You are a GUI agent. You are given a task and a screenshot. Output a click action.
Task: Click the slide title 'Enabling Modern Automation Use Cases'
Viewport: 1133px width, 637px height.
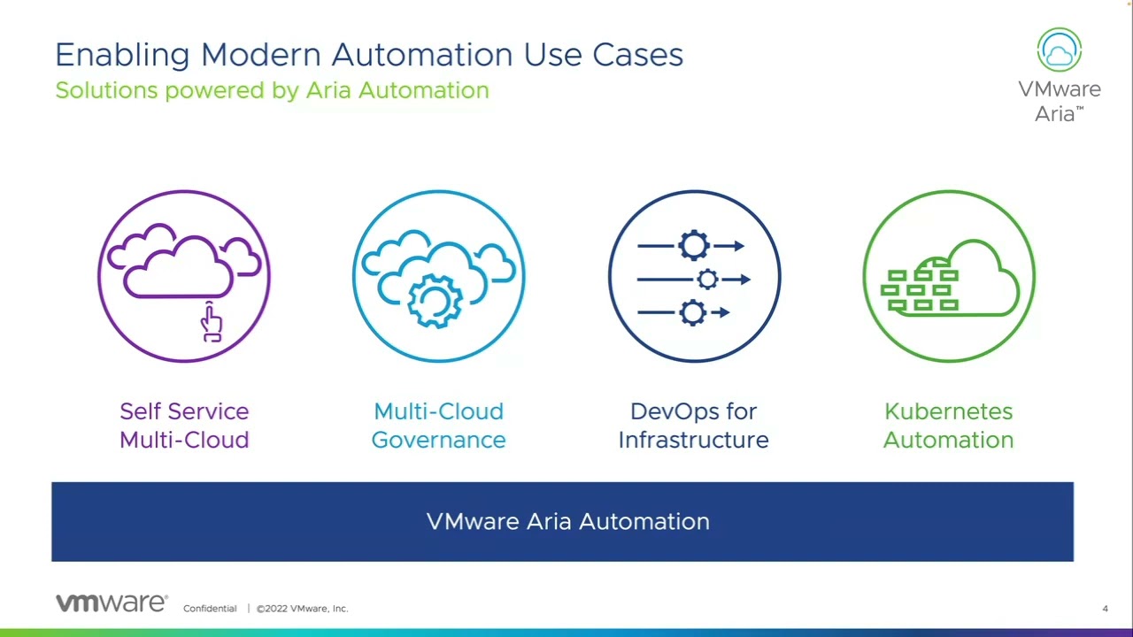368,55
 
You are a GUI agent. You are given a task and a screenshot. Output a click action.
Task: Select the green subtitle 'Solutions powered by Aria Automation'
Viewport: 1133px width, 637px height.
272,90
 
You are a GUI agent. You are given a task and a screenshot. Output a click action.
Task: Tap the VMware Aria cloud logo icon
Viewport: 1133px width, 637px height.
1059,50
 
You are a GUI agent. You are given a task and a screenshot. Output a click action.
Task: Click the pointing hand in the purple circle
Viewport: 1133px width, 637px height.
211,322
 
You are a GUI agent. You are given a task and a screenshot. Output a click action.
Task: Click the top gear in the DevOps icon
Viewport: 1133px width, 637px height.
694,246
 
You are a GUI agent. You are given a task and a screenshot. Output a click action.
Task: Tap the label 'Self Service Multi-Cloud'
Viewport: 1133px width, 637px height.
184,426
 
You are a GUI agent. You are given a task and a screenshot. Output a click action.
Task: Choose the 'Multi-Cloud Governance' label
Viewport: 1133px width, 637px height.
438,426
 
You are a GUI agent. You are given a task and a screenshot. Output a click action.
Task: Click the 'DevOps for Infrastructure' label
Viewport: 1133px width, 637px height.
693,426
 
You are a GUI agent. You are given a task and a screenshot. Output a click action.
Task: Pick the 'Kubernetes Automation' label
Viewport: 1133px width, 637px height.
948,426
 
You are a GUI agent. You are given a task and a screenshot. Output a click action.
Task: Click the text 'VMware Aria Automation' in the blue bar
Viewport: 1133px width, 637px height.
567,522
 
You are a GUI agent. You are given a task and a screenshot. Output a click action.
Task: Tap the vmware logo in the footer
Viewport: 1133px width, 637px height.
112,603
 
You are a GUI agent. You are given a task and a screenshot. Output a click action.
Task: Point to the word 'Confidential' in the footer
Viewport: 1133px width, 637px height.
210,609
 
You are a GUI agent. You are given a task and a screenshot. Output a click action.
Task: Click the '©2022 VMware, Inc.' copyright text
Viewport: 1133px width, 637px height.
303,609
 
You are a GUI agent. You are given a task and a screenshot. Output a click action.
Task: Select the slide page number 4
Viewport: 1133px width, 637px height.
1105,609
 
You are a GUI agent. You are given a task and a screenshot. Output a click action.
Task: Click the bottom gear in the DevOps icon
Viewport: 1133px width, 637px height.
692,312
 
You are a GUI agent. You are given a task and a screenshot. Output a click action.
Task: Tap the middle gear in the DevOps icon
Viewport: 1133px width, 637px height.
707,280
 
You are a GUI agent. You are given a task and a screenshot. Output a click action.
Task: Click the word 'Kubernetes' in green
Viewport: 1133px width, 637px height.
948,411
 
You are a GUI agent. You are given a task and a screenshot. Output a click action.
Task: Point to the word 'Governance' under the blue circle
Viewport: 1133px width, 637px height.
438,440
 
